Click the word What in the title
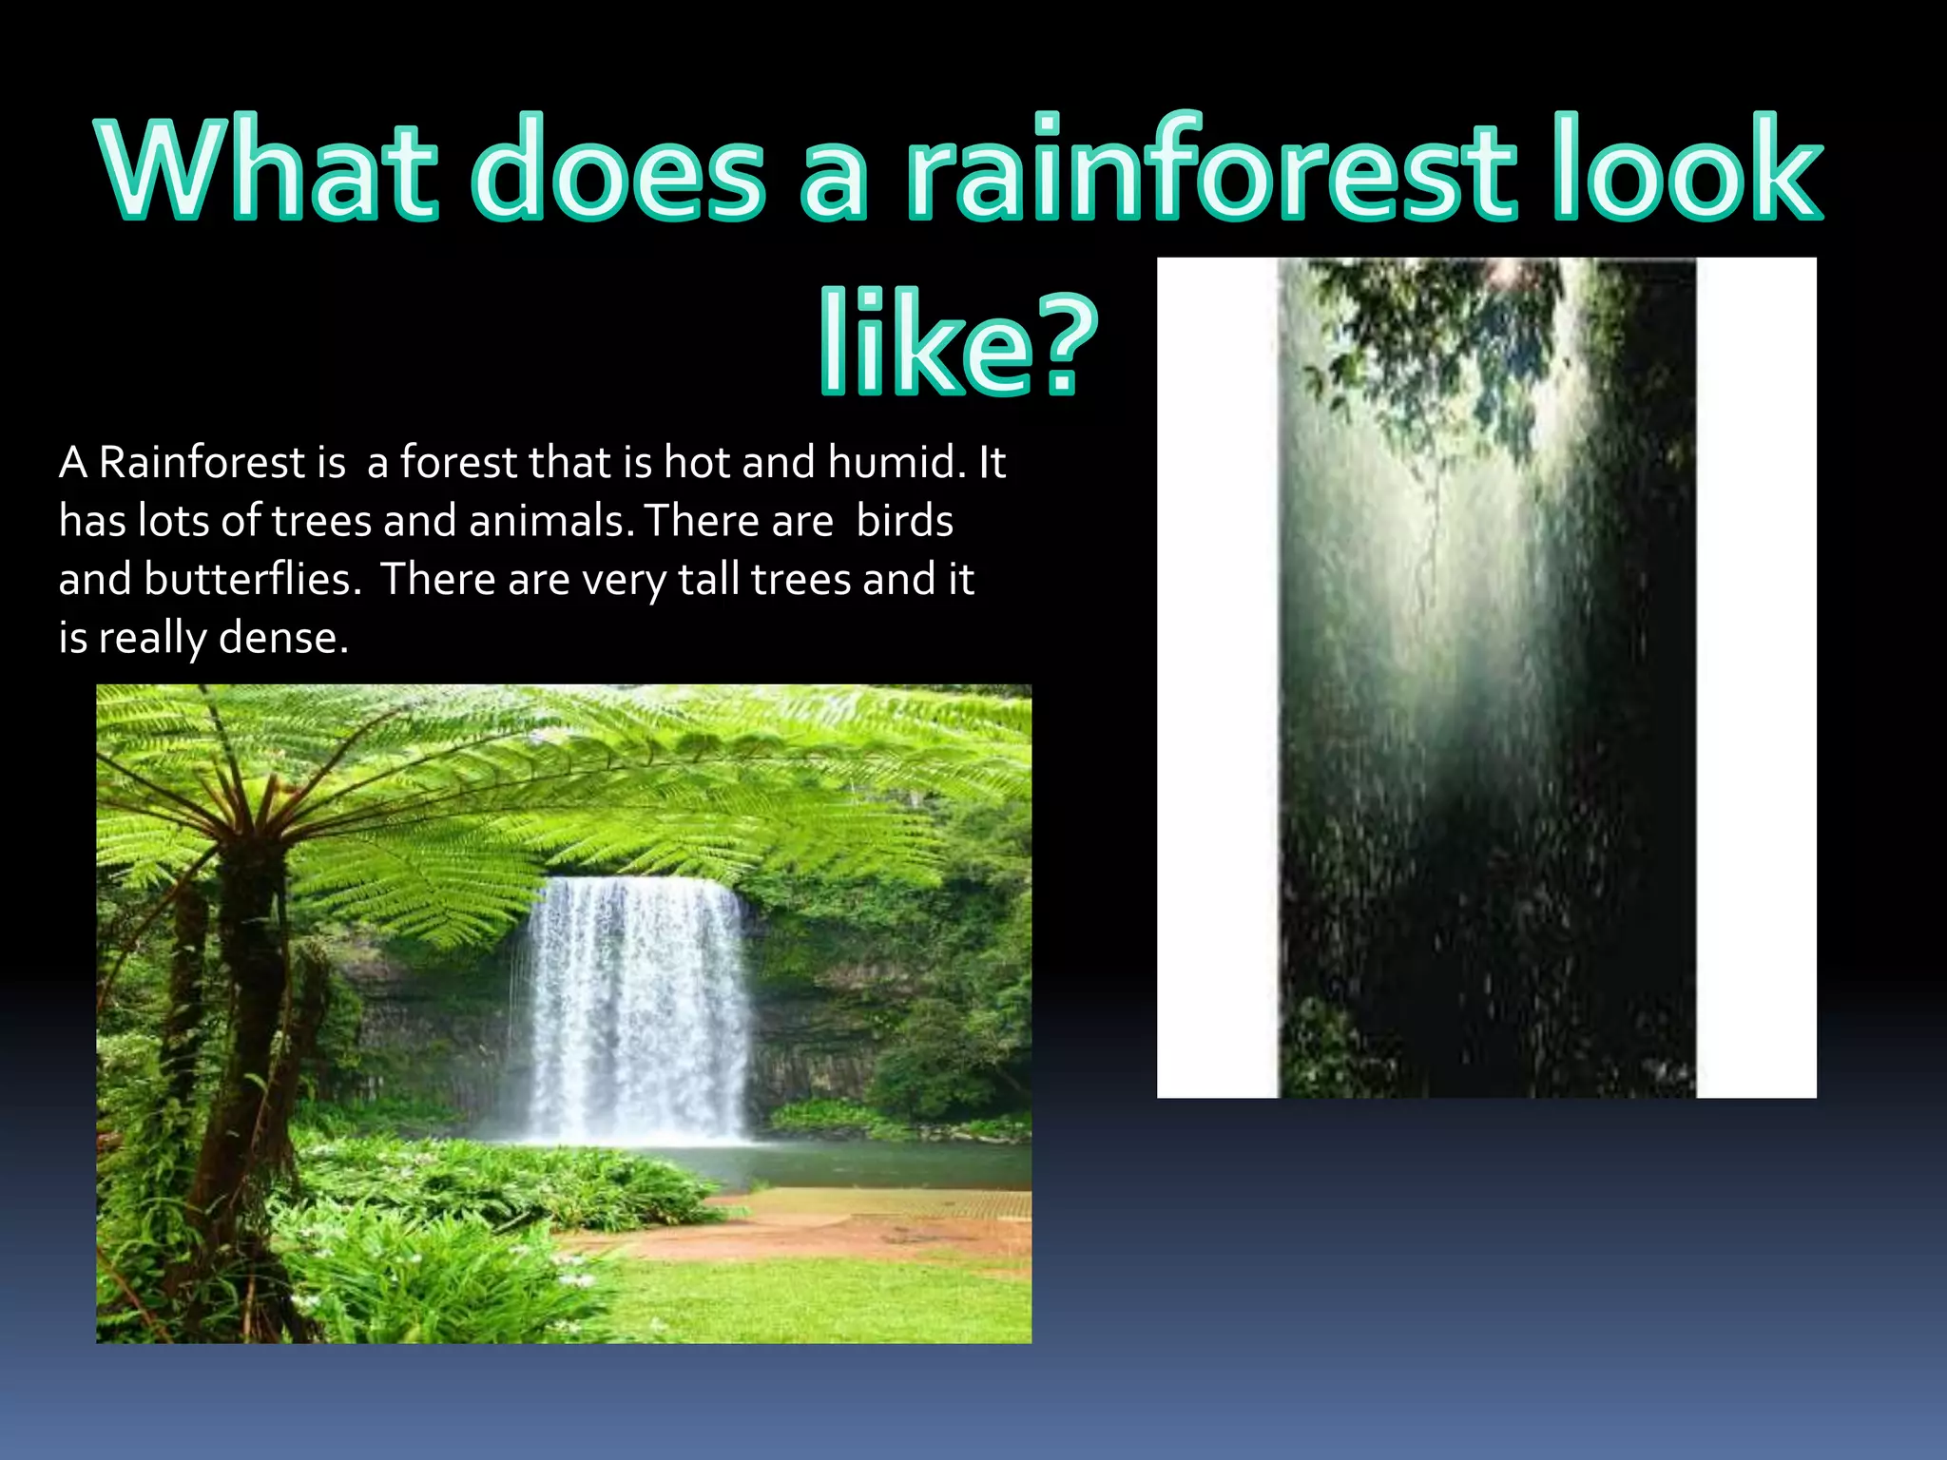267,169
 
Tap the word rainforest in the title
1211,169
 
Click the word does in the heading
618,169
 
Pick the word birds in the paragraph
904,521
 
